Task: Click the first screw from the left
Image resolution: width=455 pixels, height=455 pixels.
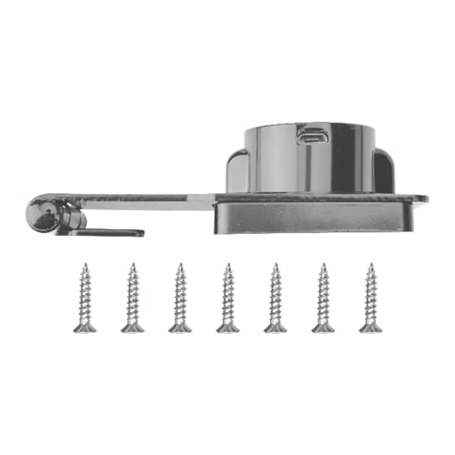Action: (85, 298)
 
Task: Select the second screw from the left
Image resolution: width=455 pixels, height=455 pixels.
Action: (133, 298)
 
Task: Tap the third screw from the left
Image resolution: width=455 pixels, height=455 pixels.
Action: (180, 298)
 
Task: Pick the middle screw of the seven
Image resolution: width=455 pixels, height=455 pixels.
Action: (227, 298)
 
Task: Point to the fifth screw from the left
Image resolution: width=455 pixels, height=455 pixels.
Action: (275, 298)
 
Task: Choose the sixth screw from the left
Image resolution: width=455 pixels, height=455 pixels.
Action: (322, 298)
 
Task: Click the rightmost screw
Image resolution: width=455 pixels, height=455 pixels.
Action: (369, 298)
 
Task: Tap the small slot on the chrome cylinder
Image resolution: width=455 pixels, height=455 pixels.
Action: (311, 136)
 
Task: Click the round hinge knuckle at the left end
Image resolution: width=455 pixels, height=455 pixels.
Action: (44, 215)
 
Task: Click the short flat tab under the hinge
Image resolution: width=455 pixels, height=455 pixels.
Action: (109, 233)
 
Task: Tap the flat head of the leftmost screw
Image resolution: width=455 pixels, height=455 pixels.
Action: (85, 327)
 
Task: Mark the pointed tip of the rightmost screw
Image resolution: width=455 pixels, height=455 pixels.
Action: (369, 266)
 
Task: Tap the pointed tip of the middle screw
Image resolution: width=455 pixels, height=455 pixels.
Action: (227, 266)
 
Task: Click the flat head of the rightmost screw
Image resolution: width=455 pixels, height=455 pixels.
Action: (369, 327)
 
